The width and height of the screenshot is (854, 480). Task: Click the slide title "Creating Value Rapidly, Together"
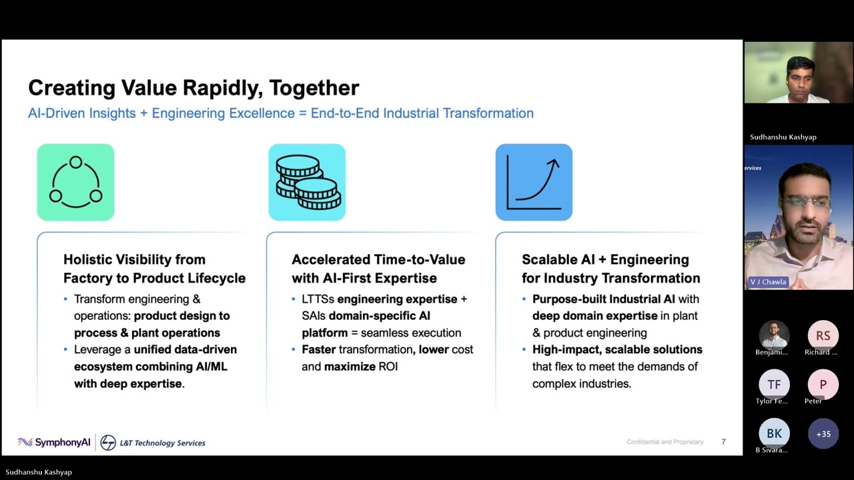tap(193, 88)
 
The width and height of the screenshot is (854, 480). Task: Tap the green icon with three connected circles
tap(75, 182)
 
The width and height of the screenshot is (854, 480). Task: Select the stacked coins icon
tap(307, 182)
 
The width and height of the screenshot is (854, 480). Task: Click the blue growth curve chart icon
tap(534, 182)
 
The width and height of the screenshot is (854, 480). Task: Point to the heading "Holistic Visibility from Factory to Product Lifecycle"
tap(154, 269)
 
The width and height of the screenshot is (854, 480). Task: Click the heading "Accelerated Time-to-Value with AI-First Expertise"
tap(378, 269)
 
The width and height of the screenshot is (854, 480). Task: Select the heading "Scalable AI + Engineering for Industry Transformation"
tap(610, 269)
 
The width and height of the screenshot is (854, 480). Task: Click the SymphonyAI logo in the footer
tap(54, 442)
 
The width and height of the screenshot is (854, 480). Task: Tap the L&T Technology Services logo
tap(153, 443)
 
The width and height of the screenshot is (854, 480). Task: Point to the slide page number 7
tap(723, 442)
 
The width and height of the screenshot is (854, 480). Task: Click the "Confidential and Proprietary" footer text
tap(665, 442)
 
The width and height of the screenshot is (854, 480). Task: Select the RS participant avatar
tap(823, 336)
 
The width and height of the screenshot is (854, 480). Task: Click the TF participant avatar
tap(774, 385)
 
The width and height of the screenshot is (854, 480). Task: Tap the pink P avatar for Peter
tap(823, 385)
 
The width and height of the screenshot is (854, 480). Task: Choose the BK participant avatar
tap(774, 434)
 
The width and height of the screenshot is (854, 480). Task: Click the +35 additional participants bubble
tap(823, 434)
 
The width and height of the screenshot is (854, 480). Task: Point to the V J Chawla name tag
tap(767, 282)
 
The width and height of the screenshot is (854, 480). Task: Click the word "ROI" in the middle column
tap(388, 367)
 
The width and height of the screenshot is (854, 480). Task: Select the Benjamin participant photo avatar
tap(774, 336)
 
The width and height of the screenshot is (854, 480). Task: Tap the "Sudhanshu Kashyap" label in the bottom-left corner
tap(39, 472)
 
